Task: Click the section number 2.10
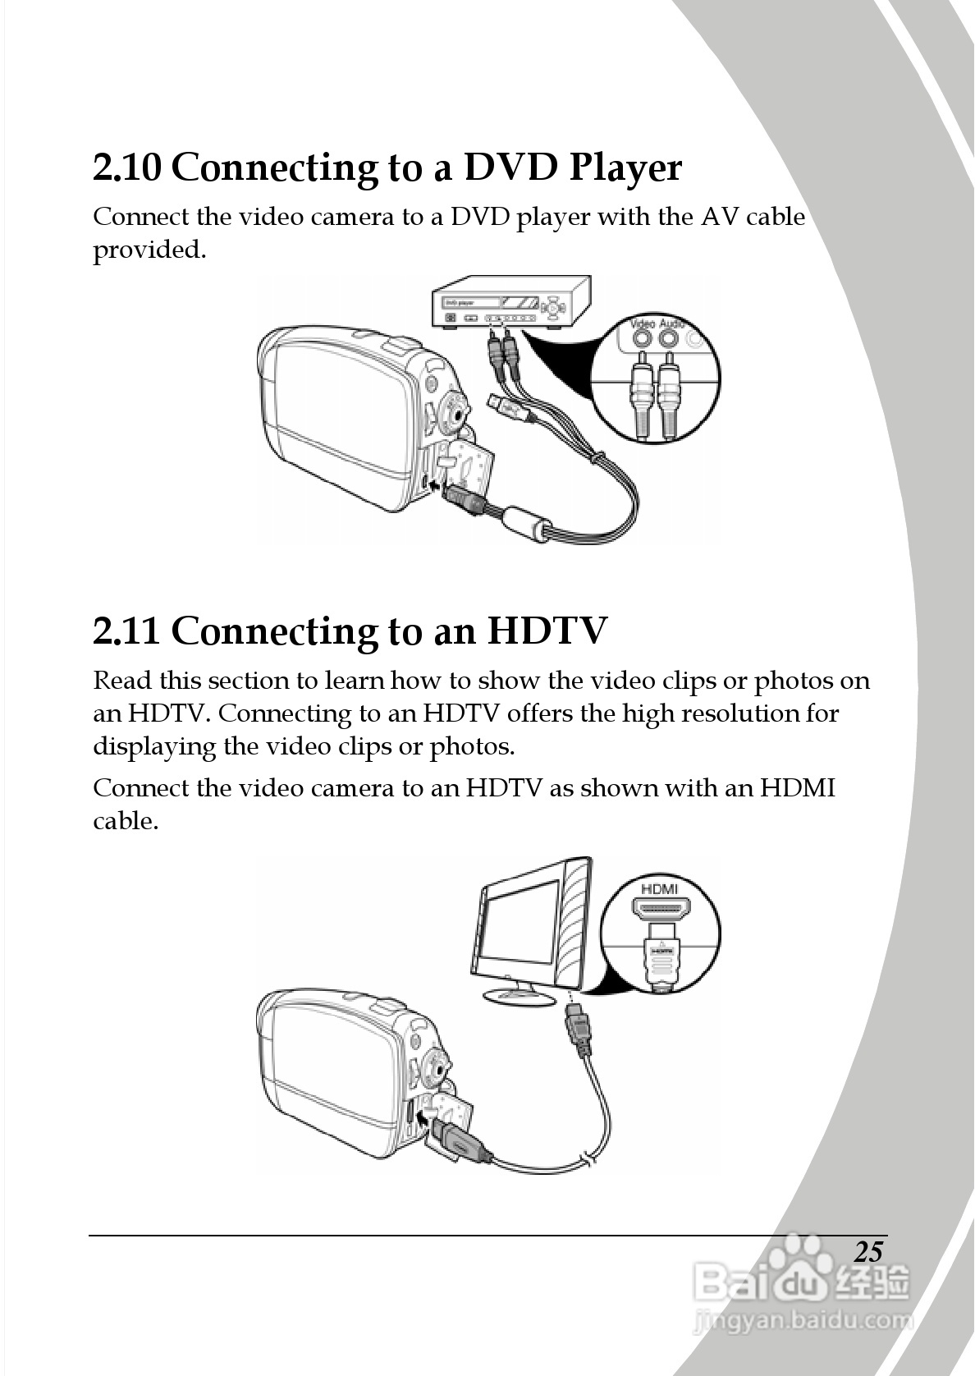pos(127,167)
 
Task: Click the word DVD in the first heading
pos(510,167)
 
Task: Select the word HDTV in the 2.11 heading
pos(547,631)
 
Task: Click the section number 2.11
pos(126,631)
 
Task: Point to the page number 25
pos(869,1252)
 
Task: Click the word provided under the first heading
pos(149,250)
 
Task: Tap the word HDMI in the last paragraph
pos(798,787)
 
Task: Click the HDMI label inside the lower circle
pos(659,889)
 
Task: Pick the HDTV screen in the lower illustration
pos(521,921)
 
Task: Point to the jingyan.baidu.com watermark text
pos(803,1319)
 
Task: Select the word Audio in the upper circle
pos(671,323)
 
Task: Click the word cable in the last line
pos(126,821)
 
